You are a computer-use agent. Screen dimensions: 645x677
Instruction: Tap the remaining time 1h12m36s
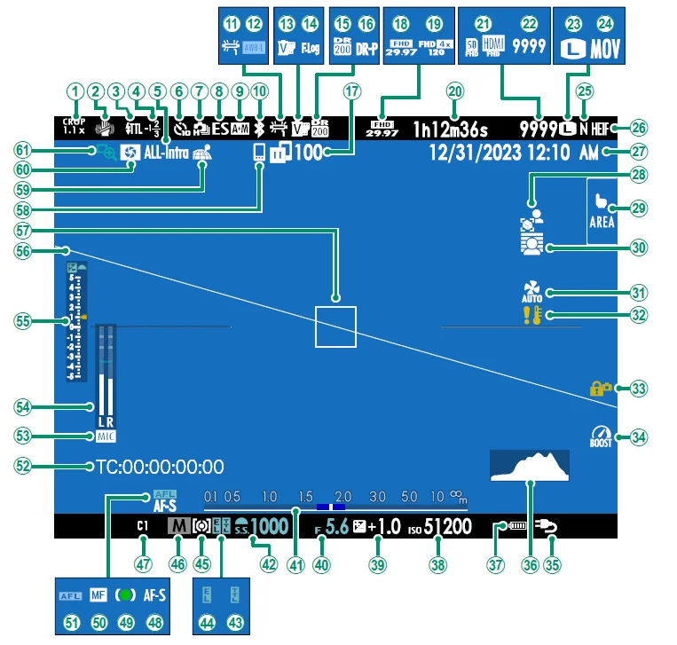458,130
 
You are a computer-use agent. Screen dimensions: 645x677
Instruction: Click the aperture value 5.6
337,527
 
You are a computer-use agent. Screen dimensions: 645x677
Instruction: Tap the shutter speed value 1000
269,527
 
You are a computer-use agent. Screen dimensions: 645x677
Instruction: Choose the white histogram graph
528,466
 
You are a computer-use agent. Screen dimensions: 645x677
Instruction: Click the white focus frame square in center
335,326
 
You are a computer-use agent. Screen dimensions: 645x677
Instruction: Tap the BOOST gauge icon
601,437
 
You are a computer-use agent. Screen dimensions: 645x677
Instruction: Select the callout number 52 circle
24,465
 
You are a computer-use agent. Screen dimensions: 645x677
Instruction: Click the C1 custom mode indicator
141,526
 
